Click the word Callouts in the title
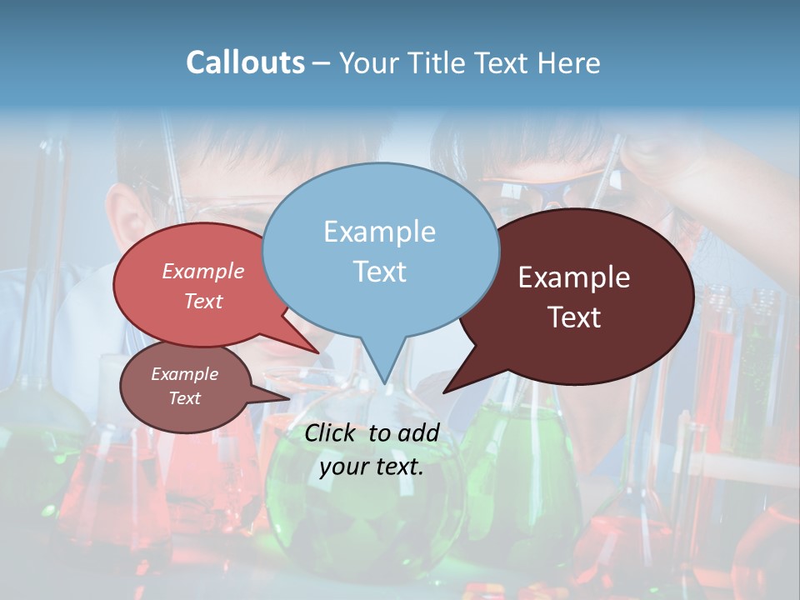(245, 62)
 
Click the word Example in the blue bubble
(379, 232)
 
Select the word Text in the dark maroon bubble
(574, 317)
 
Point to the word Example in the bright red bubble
(202, 271)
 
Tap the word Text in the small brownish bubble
(184, 398)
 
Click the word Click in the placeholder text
(331, 432)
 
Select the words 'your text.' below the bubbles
(371, 467)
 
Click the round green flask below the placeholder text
(367, 517)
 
